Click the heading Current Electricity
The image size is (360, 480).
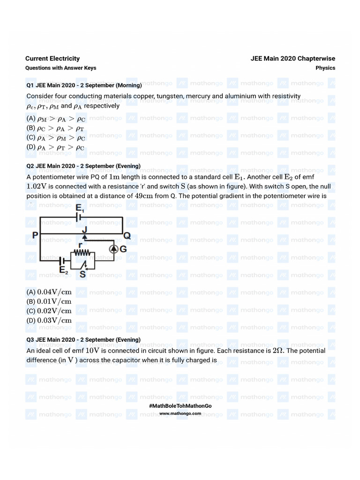coord(52,59)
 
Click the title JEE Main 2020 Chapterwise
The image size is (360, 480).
coord(292,59)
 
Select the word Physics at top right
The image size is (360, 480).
coord(325,68)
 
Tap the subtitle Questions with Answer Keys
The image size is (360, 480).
coord(60,68)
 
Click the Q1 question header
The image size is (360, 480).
coord(84,85)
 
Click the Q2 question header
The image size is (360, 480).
coord(83,166)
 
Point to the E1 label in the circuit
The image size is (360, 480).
coord(81,208)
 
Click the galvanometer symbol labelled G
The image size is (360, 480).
coord(114,249)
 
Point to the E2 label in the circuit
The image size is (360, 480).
coord(64,271)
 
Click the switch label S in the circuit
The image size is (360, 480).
coord(82,275)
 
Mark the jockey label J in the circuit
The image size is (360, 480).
coord(84,230)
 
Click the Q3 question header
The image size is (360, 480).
coord(83,339)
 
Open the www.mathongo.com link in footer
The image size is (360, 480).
coord(180,413)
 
